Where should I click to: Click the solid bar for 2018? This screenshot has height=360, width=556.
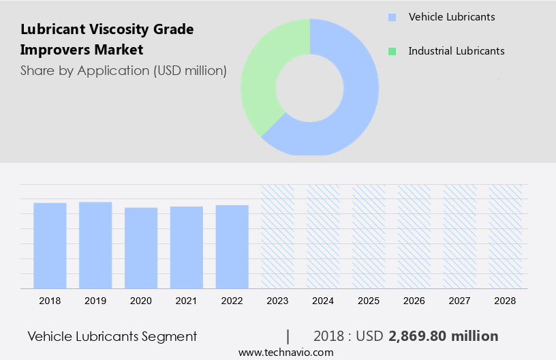click(x=50, y=245)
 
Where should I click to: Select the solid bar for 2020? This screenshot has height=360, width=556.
click(x=141, y=248)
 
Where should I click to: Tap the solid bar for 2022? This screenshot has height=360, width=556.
click(x=232, y=247)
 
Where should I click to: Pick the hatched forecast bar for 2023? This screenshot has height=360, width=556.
click(x=278, y=237)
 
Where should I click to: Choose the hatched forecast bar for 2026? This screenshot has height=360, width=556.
click(x=414, y=237)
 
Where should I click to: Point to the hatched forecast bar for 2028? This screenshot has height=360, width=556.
click(x=506, y=237)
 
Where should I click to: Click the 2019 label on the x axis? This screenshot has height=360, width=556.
click(x=95, y=300)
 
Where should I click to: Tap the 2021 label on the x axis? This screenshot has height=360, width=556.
click(x=187, y=300)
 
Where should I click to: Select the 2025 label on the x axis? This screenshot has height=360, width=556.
click(x=369, y=300)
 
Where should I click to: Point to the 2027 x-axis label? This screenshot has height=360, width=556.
click(x=460, y=300)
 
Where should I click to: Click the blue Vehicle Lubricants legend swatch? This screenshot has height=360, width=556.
click(x=392, y=17)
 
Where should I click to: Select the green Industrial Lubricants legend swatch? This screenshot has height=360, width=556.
click(x=392, y=51)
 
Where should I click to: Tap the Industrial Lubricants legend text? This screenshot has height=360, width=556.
click(x=457, y=51)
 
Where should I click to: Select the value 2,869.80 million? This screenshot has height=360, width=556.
click(x=444, y=336)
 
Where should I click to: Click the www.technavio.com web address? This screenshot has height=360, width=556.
click(x=286, y=352)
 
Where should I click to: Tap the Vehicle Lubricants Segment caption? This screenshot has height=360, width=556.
click(x=112, y=336)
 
